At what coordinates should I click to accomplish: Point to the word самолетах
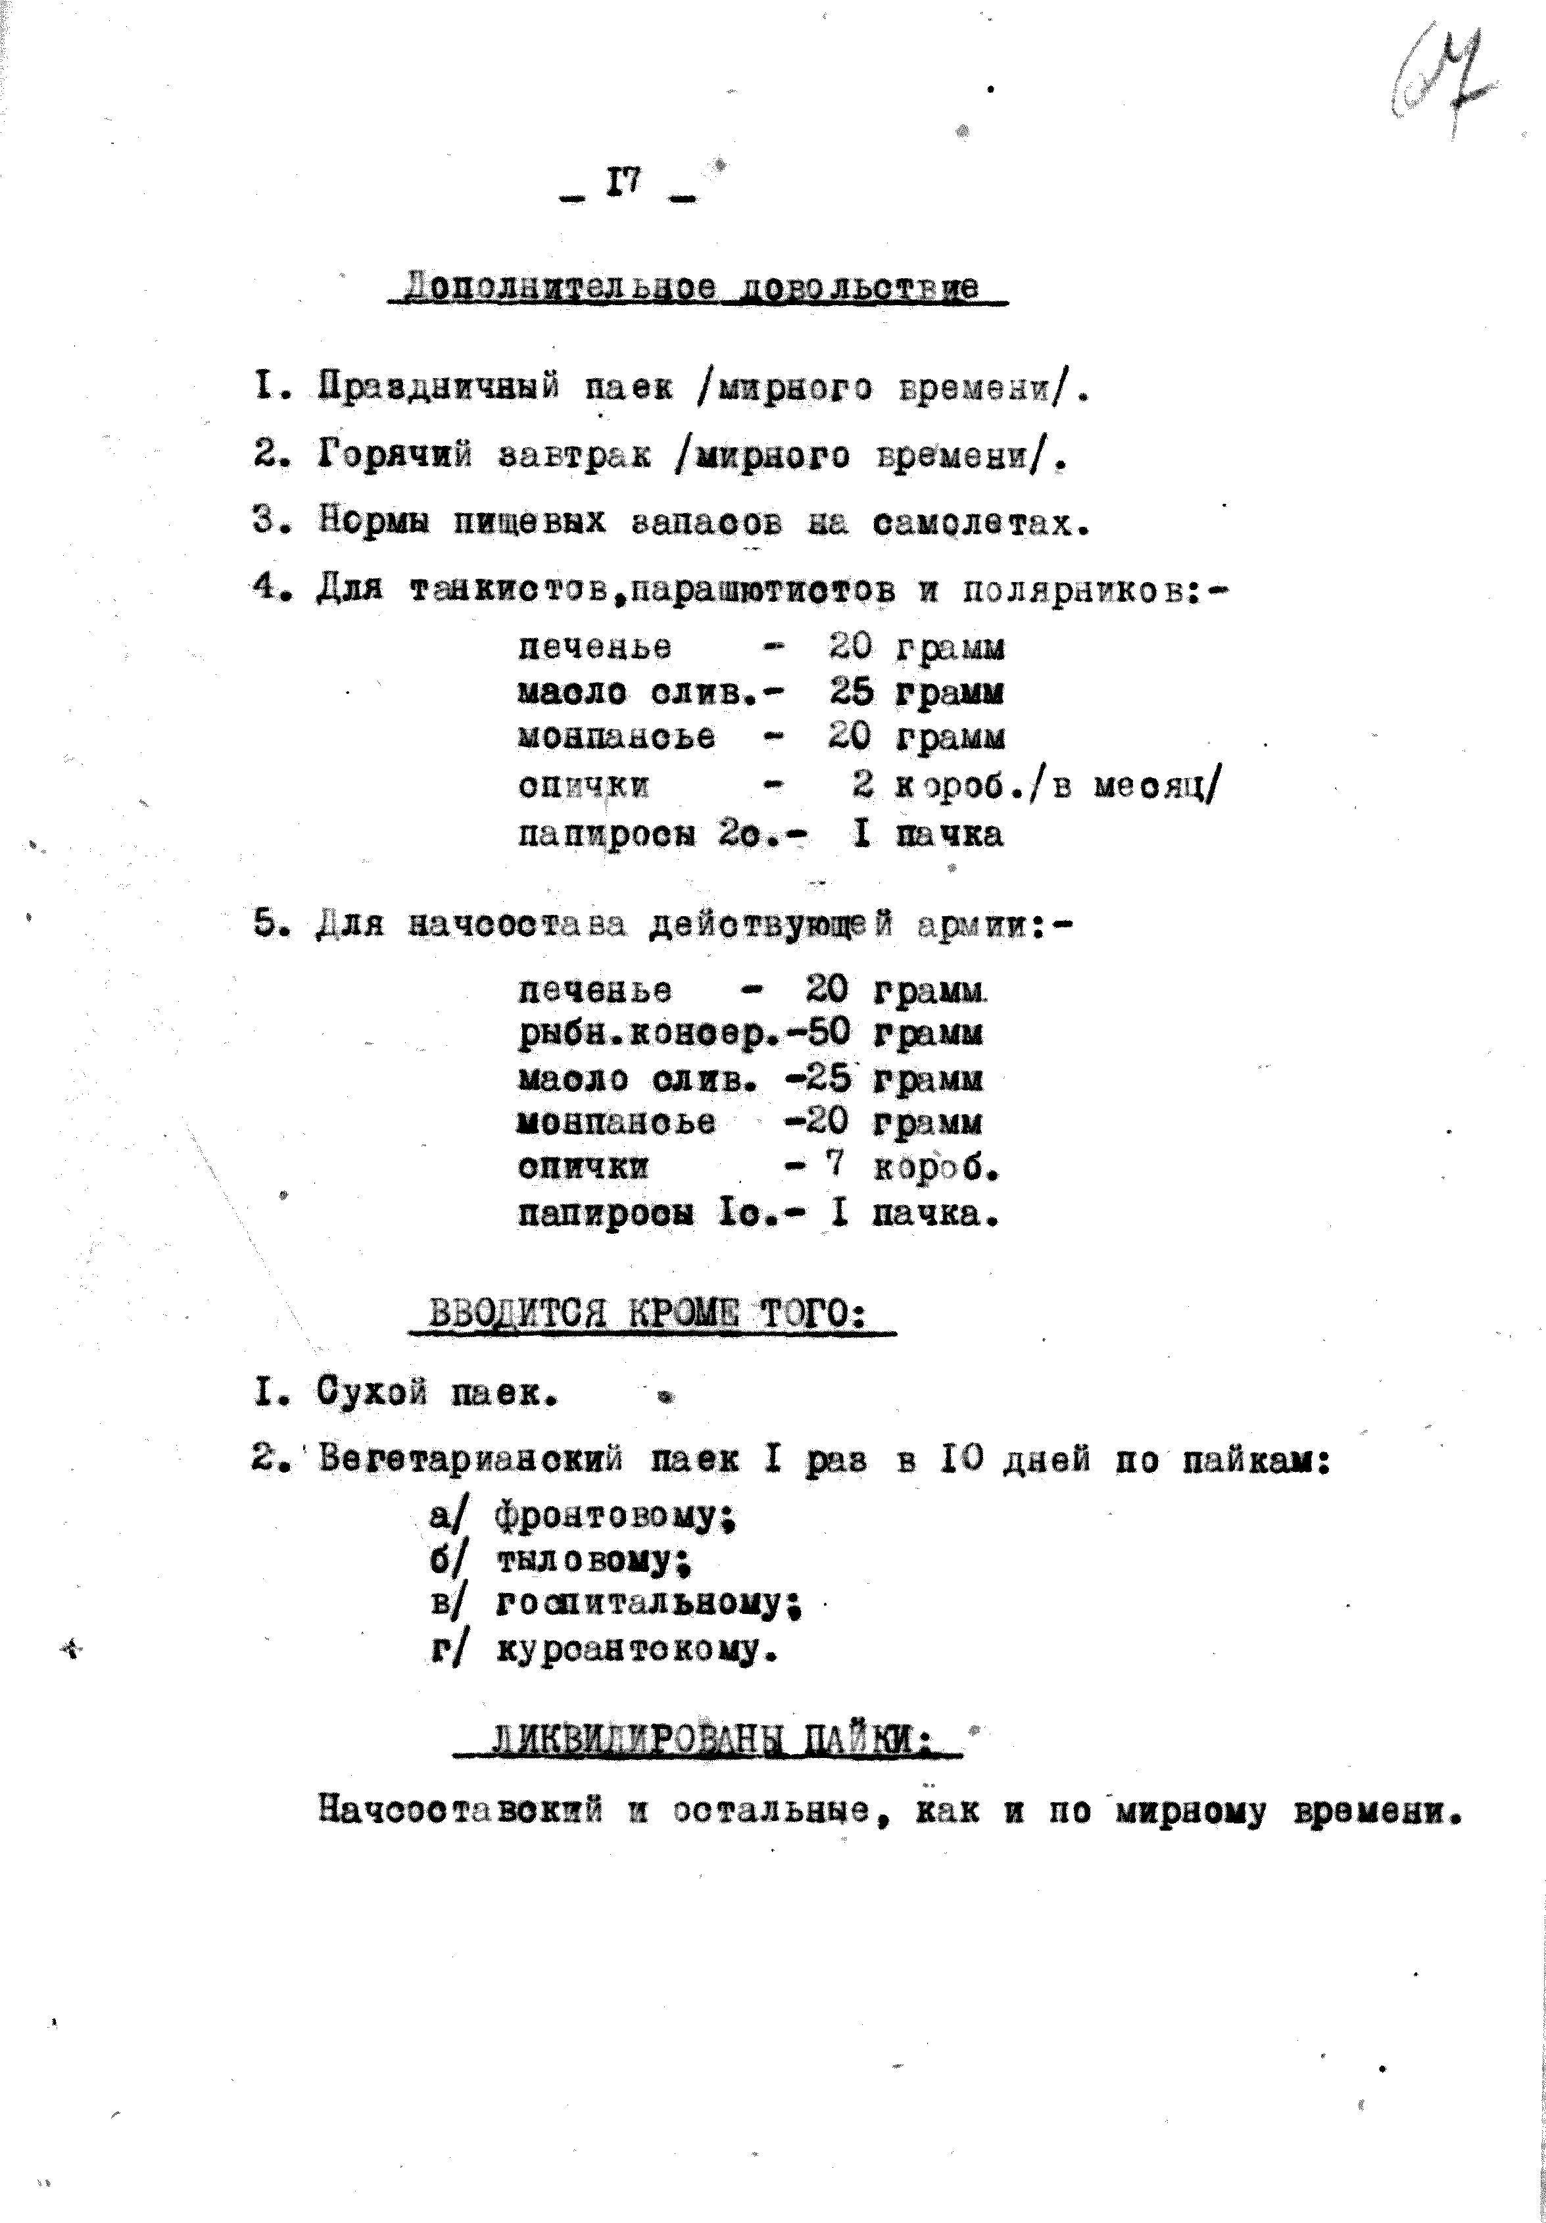tap(980, 523)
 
